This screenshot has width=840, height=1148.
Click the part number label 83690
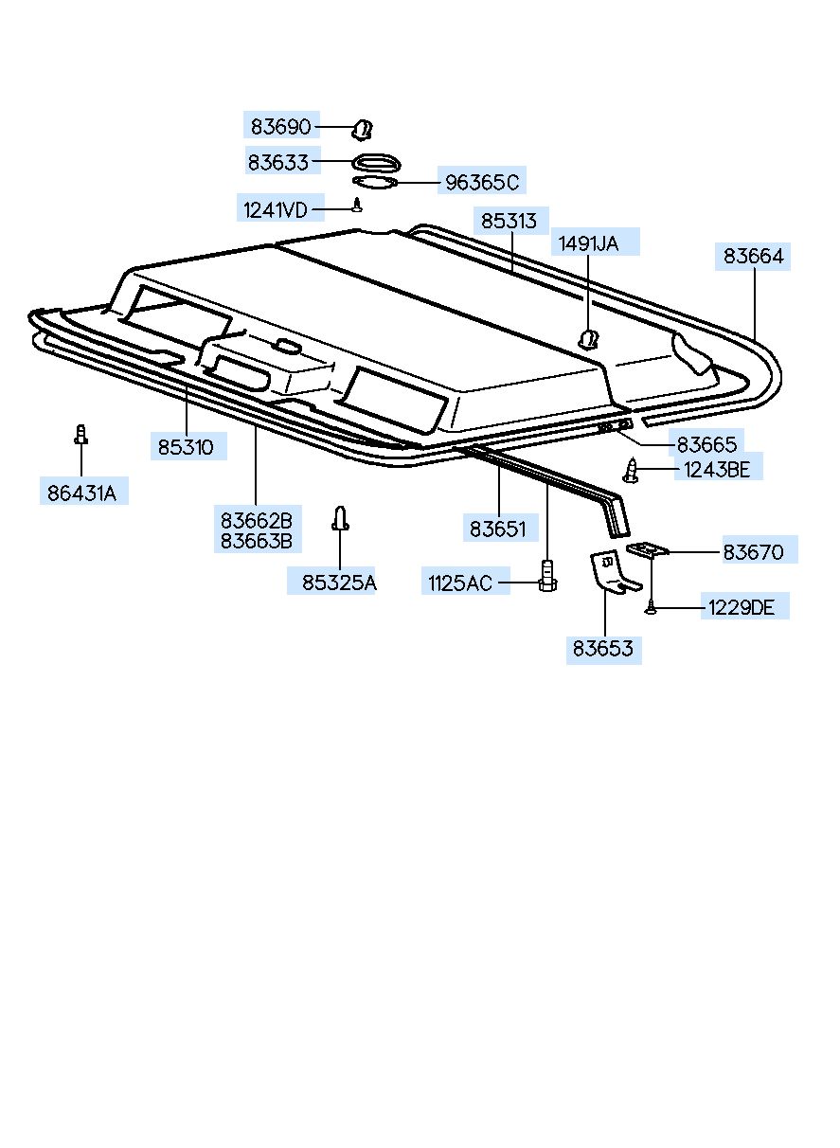pos(280,127)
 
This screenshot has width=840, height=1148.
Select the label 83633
pos(278,163)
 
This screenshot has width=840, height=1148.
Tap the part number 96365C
pos(482,182)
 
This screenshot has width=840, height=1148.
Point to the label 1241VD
pos(276,210)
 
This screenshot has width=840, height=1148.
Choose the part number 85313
pos(509,221)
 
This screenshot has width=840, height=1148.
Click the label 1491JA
pos(588,243)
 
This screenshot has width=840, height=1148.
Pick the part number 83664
pos(754,256)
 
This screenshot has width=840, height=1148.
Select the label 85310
pos(186,447)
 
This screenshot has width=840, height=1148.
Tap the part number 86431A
pos(82,493)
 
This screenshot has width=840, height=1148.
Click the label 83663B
pos(257,541)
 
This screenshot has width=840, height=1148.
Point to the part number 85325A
pos(339,583)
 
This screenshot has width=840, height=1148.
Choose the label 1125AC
pos(459,583)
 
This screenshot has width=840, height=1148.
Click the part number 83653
pos(602,648)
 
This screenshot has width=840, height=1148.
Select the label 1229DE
pos(742,608)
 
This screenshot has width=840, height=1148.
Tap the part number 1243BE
pos(717,470)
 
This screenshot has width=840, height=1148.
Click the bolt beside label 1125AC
pos(547,576)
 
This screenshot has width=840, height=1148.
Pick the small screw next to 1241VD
pos(358,205)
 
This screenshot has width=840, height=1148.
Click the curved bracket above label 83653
pos(611,571)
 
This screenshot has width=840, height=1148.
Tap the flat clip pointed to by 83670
pos(648,548)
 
